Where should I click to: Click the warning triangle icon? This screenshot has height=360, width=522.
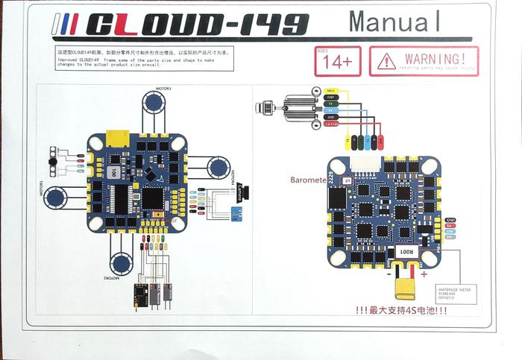386,60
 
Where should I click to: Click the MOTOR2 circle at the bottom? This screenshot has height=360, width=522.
122,262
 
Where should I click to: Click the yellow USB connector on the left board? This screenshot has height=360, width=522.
116,139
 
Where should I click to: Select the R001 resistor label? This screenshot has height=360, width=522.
404,252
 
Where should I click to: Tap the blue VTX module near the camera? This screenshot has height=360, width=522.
238,215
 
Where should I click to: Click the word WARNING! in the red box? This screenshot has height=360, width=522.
435,57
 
